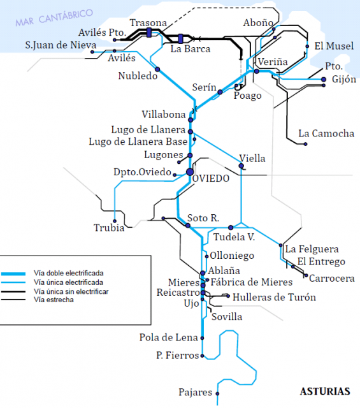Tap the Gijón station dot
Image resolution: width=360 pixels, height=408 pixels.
(324, 80)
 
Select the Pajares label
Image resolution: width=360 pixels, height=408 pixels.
(195, 393)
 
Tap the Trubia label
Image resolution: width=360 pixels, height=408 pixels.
(109, 228)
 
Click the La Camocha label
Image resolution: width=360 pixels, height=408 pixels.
(326, 133)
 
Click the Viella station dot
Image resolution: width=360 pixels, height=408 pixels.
(241, 166)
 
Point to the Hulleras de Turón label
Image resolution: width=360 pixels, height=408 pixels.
(274, 297)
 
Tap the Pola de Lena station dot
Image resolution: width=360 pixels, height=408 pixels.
(203, 338)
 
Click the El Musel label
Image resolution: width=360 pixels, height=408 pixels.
(329, 46)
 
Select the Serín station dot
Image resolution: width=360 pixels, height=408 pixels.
(220, 92)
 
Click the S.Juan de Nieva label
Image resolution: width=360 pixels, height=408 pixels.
(61, 45)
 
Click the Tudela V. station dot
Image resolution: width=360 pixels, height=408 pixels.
(231, 228)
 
